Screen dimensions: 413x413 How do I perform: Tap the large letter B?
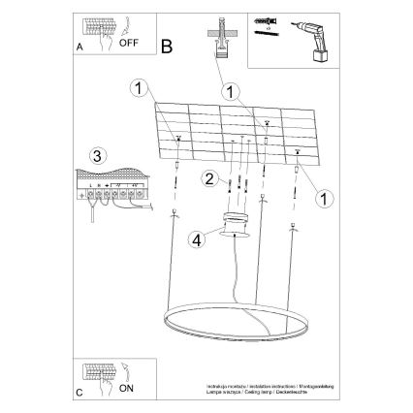click(x=167, y=46)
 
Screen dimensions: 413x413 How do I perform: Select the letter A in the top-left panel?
click(x=80, y=46)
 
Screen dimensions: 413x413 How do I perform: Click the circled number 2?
click(x=208, y=177)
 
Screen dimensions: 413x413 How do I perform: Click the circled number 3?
click(x=95, y=156)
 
